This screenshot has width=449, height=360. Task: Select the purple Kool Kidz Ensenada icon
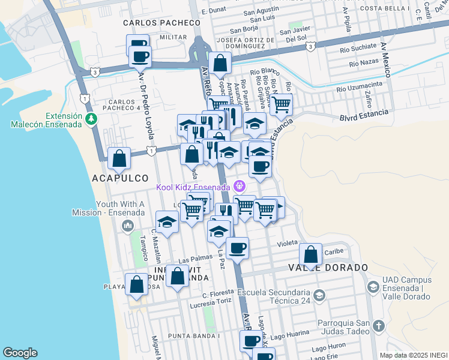[240, 187]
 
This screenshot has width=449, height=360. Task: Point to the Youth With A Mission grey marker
[127, 226]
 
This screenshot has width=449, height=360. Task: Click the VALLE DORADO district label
[328, 267]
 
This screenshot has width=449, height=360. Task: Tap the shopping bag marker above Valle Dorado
[311, 254]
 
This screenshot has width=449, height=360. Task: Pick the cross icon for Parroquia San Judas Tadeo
[378, 325]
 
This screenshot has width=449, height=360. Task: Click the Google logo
[20, 353]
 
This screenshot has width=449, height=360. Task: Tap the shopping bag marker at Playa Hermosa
[136, 284]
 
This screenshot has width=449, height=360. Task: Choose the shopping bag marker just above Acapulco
[120, 158]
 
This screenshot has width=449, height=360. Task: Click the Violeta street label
[288, 244]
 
